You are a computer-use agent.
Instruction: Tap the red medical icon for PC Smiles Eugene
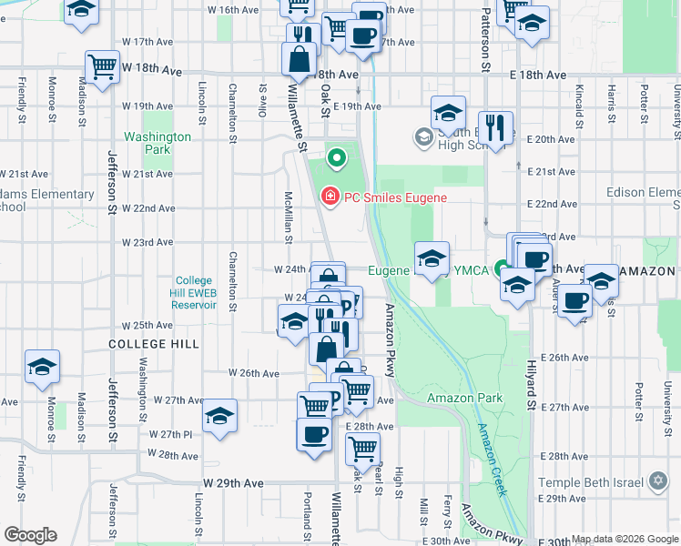tap(328, 196)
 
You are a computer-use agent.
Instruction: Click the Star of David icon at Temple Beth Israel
tap(658, 481)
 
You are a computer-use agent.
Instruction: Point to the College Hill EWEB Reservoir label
tap(194, 293)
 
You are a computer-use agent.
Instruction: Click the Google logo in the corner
tap(30, 535)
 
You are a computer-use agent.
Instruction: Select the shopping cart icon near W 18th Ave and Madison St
tap(103, 66)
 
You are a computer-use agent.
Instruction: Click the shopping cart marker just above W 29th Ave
tap(362, 448)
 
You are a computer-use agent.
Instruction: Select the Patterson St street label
tap(485, 36)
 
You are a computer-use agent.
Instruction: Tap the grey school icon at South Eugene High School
tap(423, 137)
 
